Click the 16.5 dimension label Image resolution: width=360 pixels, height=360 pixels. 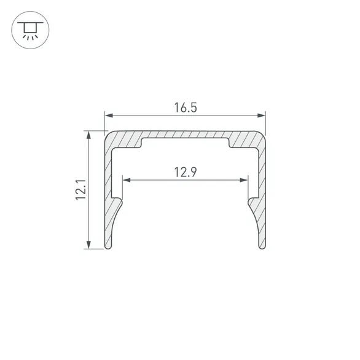click(x=186, y=108)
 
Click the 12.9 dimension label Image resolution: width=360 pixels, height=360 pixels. click(x=186, y=172)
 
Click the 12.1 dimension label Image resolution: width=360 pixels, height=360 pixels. click(x=81, y=190)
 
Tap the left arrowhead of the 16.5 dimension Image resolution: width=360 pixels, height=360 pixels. click(x=109, y=115)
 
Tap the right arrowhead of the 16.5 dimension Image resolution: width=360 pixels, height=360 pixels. click(x=261, y=115)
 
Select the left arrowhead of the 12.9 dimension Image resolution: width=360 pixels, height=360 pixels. click(x=127, y=180)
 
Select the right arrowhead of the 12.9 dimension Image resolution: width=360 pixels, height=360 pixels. click(x=244, y=180)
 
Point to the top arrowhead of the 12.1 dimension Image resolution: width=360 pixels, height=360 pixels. click(x=88, y=135)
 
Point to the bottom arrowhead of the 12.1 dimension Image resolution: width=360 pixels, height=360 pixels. click(x=88, y=245)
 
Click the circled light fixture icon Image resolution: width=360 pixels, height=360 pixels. click(x=30, y=30)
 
